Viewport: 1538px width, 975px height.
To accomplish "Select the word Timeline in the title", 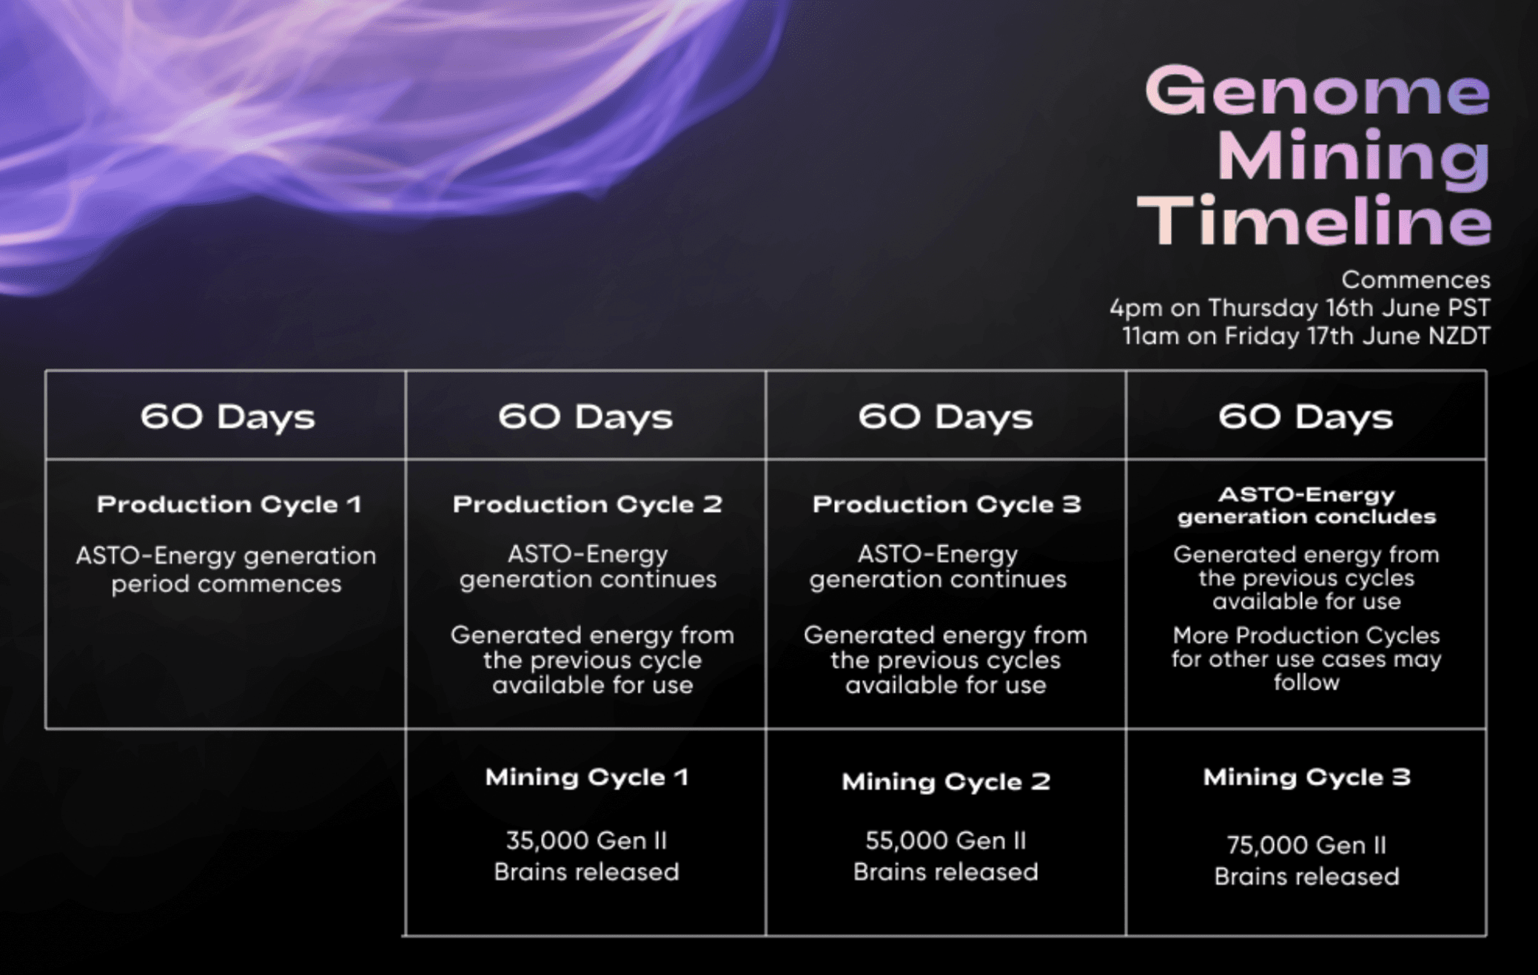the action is [1314, 220].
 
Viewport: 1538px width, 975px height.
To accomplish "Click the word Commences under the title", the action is [1416, 280].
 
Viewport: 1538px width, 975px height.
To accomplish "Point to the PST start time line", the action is [1300, 308].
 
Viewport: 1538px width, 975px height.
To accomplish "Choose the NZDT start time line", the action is [1306, 336].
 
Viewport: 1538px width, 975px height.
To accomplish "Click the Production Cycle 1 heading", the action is [229, 505].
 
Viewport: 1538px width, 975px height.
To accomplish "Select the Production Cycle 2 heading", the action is [588, 505].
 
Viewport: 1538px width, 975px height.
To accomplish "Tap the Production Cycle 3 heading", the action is [947, 505].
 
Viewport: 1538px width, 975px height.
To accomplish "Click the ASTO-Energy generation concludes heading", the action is [1306, 505].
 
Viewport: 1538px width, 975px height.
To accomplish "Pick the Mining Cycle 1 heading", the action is [587, 777].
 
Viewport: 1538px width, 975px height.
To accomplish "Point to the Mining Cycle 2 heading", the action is [946, 782].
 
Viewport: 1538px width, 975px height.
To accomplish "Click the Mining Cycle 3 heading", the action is [1306, 777].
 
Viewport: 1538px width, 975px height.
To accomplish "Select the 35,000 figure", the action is [547, 841].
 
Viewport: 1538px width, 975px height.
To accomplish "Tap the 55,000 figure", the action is [907, 841].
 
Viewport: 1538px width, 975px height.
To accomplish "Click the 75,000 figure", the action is [1268, 846].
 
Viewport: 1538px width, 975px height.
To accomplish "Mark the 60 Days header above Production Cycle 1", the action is [228, 417].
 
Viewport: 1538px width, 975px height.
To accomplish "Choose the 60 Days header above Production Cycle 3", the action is [945, 417].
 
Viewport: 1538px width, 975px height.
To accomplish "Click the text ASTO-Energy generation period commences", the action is [226, 570].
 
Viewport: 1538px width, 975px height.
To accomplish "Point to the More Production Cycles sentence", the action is [1306, 658].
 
